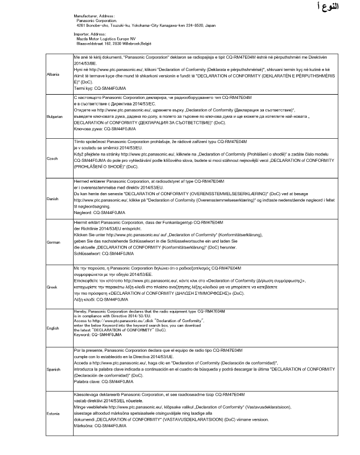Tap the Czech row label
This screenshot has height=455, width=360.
coord(53,158)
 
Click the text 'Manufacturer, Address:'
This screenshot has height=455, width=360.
coord(94,17)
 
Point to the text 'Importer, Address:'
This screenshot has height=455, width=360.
coord(90,33)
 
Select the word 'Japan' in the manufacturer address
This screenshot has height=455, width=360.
coord(211,25)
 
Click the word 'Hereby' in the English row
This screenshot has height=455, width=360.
coord(79,311)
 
